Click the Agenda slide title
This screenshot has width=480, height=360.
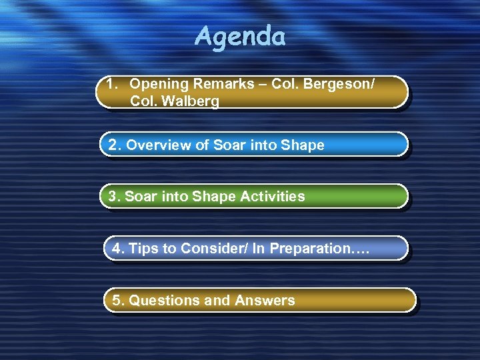tap(240, 37)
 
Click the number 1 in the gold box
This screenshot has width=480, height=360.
tap(111, 85)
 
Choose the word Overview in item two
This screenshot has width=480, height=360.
tap(156, 145)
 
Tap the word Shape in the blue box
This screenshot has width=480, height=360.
tap(303, 145)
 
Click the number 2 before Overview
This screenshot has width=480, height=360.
tap(112, 145)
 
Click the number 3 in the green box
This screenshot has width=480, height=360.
tap(112, 197)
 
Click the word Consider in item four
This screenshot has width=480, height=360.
tap(205, 249)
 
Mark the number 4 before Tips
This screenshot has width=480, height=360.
tap(117, 249)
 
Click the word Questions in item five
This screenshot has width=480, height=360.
tap(164, 301)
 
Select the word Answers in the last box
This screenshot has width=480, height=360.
tap(265, 301)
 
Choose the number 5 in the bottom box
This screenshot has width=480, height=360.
tap(117, 301)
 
